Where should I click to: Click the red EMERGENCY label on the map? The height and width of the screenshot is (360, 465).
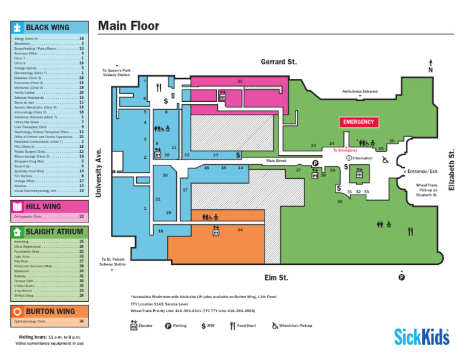(359, 122)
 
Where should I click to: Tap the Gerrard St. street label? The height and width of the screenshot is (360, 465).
(279, 62)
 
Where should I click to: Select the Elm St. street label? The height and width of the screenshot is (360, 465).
(276, 278)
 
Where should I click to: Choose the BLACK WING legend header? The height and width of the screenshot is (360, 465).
(47, 28)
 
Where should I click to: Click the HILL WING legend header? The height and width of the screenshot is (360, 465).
(43, 206)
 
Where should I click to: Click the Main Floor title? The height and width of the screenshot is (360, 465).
(128, 25)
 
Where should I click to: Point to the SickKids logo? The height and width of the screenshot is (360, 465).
(422, 335)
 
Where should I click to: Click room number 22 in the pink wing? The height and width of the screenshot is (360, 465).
(240, 81)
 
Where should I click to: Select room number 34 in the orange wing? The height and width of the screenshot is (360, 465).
(240, 230)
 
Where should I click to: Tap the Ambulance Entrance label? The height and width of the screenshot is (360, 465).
(360, 91)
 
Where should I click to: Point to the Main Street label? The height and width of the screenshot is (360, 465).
(276, 161)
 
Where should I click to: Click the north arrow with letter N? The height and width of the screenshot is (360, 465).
(429, 67)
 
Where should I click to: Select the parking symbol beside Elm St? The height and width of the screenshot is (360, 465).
(401, 278)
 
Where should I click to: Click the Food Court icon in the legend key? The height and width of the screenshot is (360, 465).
(232, 325)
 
